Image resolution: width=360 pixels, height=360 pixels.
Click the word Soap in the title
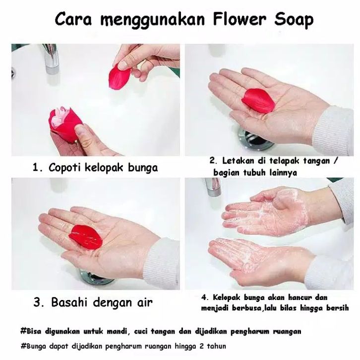pyautogui.click(x=294, y=20)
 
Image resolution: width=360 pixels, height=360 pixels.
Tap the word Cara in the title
pyautogui.click(x=73, y=19)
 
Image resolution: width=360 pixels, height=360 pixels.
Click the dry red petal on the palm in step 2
pyautogui.click(x=258, y=101)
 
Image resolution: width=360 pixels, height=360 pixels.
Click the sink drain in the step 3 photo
pyautogui.click(x=96, y=277)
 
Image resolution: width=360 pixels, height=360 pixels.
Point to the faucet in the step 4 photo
pyautogui.click(x=213, y=187)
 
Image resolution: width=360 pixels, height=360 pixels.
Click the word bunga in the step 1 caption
pyautogui.click(x=143, y=168)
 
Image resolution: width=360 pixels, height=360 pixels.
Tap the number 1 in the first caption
pyautogui.click(x=35, y=168)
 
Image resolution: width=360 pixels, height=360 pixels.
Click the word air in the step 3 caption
pyautogui.click(x=145, y=302)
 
